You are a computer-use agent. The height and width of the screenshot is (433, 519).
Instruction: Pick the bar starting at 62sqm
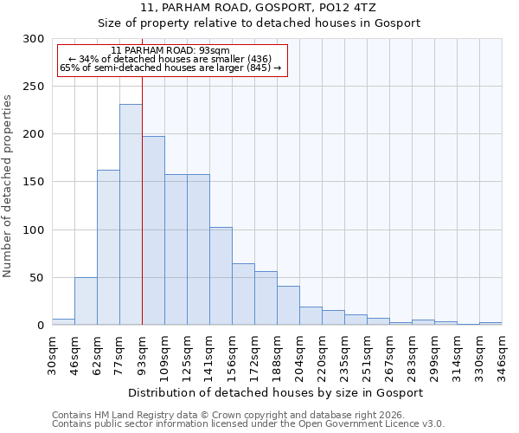108,248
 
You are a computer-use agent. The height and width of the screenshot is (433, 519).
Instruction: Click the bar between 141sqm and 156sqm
221,276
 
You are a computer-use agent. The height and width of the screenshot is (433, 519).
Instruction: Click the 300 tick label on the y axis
34,39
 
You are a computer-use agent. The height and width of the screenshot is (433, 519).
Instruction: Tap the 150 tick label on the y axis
34,182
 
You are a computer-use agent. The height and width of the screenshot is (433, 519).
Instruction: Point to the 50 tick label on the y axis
37,278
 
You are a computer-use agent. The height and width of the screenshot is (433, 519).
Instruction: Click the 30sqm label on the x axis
53,353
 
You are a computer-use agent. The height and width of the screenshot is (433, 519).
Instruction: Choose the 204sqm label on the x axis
299,353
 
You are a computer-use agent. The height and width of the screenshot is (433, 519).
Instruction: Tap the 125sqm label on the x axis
188,353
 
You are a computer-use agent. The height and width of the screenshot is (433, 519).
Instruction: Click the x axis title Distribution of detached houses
276,392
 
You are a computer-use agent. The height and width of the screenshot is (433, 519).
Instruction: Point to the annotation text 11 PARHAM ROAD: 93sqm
170,51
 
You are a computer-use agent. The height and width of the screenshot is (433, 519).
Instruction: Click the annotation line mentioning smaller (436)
170,59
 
